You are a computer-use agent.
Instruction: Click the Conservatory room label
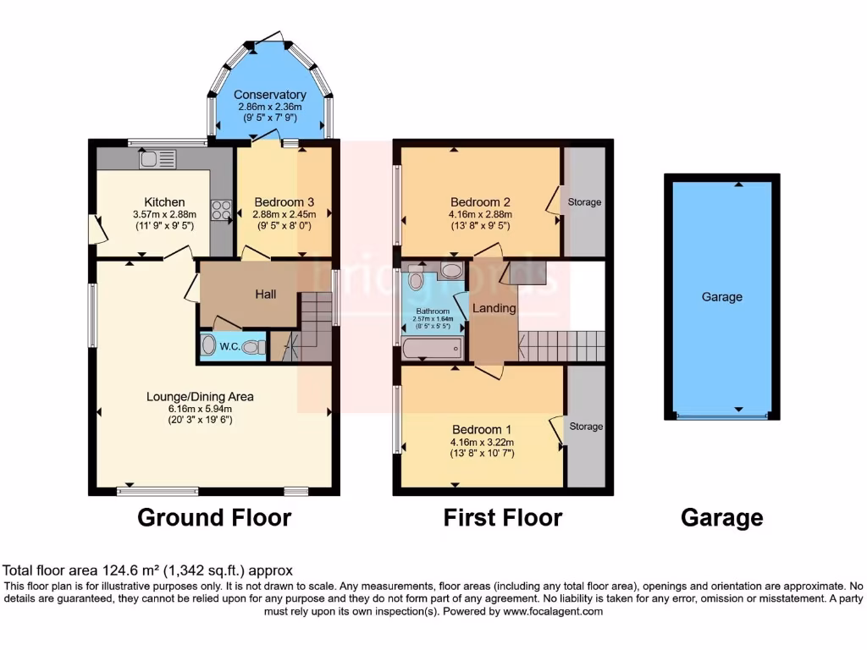[269, 95]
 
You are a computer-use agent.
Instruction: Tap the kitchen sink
[157, 158]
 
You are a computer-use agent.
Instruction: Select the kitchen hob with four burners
[221, 209]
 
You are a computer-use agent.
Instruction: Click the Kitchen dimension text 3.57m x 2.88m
[164, 215]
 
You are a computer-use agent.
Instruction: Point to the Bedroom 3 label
[284, 202]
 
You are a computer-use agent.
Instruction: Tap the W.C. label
[229, 346]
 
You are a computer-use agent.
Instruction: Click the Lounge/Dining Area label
[200, 396]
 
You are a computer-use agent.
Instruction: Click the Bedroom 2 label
[480, 202]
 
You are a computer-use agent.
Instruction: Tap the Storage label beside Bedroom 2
[584, 202]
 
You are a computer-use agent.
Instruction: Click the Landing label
[494, 308]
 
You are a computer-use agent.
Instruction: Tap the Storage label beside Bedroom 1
[585, 426]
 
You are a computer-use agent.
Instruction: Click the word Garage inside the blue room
[721, 297]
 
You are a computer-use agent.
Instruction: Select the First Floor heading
[502, 517]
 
